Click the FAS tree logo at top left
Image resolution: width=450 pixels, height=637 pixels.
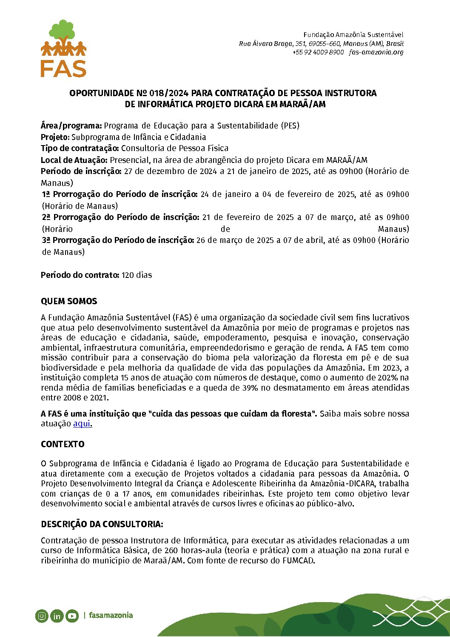click(x=63, y=48)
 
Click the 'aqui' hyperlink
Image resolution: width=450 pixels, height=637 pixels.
click(x=82, y=423)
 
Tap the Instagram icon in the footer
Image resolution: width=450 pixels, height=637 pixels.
click(x=42, y=615)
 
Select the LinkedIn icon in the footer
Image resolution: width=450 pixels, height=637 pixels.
click(x=57, y=615)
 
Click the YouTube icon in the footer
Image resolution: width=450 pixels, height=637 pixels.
click(x=72, y=615)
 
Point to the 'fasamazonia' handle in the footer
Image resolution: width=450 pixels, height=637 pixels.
click(x=111, y=615)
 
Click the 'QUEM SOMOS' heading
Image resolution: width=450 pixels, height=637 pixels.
click(x=69, y=301)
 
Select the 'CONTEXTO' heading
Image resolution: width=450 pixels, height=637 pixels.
click(x=63, y=444)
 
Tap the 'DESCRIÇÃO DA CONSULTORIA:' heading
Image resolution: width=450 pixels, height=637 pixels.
click(x=102, y=524)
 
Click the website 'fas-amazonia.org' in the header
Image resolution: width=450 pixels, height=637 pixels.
click(x=376, y=52)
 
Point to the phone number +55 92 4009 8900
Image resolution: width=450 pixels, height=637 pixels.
click(x=318, y=52)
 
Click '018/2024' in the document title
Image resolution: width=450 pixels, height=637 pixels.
click(x=169, y=93)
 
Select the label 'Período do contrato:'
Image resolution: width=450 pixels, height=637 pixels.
click(x=80, y=275)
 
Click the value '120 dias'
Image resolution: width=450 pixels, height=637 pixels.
click(x=137, y=275)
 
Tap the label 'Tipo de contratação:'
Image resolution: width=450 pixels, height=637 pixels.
click(x=80, y=148)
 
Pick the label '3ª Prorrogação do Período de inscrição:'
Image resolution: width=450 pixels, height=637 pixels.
click(x=118, y=240)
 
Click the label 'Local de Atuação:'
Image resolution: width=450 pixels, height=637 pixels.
click(x=74, y=160)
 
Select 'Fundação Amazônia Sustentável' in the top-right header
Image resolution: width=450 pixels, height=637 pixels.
click(x=353, y=34)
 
